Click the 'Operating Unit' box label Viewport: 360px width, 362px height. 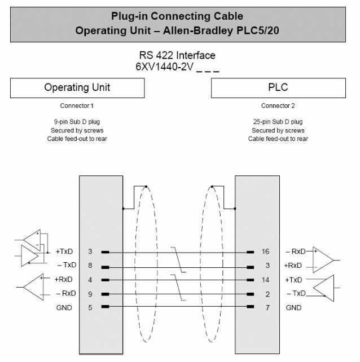click(77, 87)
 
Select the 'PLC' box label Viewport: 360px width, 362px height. click(278, 87)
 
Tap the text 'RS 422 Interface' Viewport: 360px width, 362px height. click(177, 55)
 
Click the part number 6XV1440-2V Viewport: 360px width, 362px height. click(165, 67)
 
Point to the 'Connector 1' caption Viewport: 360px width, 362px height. click(77, 106)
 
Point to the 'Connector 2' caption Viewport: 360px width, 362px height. click(278, 106)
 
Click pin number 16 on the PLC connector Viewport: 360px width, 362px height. click(266, 251)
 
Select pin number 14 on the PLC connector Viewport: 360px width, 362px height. click(266, 280)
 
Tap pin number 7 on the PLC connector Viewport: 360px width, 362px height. click(267, 308)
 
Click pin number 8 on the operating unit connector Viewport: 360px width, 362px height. click(90, 266)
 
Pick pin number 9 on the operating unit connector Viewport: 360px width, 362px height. click(90, 294)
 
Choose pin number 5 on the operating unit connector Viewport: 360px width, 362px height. click(90, 308)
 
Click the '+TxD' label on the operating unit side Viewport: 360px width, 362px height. click(64, 251)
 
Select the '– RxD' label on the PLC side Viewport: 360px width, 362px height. click(296, 251)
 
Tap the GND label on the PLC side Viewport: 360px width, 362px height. click(293, 308)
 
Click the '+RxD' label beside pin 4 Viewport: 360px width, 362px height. click(64, 280)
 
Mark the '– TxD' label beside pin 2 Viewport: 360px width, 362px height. click(296, 293)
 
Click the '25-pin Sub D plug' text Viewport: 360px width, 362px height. click(278, 122)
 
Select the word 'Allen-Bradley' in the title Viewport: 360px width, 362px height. click(198, 30)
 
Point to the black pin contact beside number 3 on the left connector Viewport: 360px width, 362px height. click(105, 253)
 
